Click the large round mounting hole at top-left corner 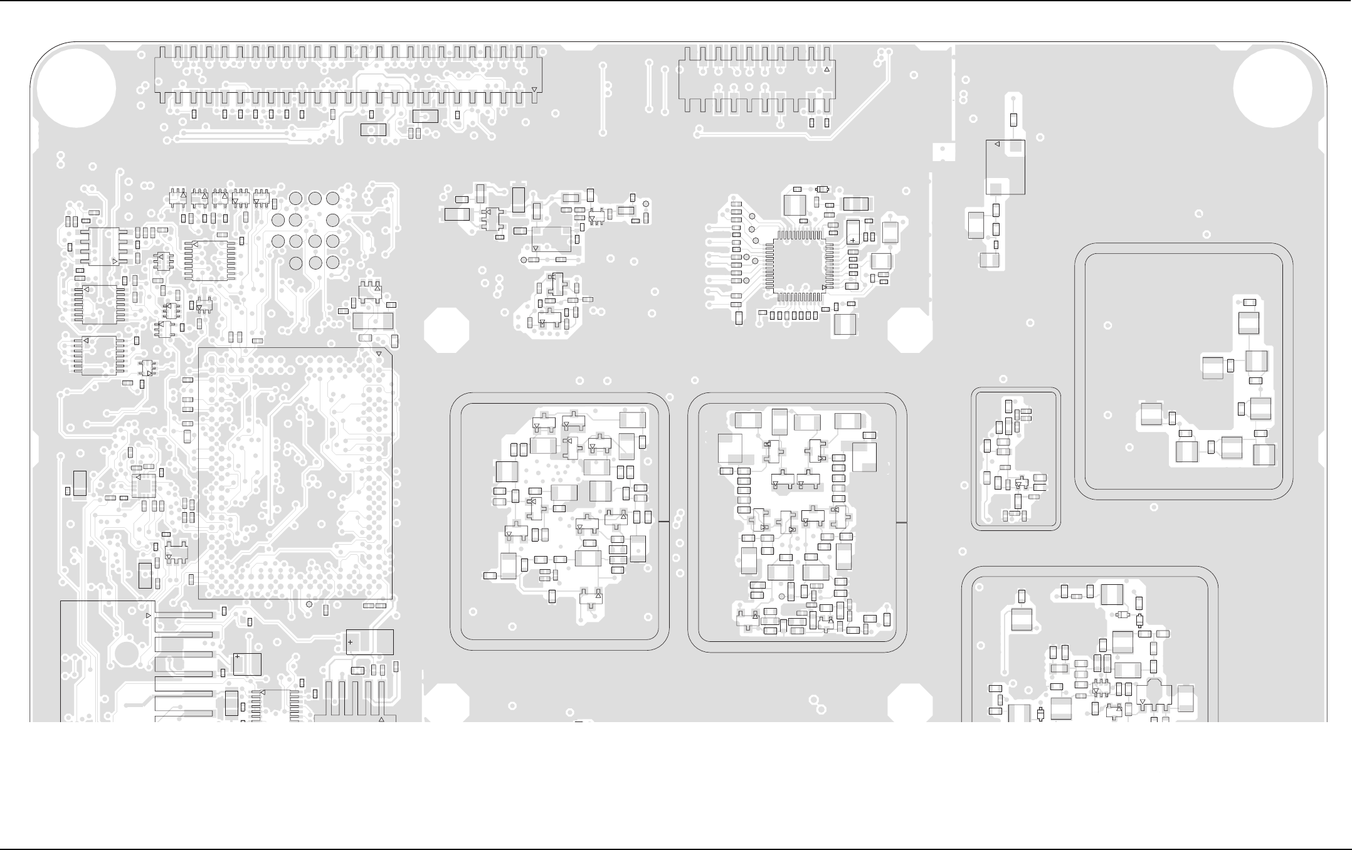coord(77,88)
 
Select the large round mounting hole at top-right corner coord(1272,88)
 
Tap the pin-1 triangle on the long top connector coord(534,90)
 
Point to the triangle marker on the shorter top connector coord(827,69)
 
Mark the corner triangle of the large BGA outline coord(379,354)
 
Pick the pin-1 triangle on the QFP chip coord(825,286)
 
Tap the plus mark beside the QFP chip coord(853,240)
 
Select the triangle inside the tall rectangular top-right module coord(997,145)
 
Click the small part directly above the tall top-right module coord(1013,120)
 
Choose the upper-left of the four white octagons coord(446,330)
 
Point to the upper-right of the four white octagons coord(910,330)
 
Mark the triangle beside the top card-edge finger coord(149,616)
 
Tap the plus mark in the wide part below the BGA coord(350,642)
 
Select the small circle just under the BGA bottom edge coord(309,604)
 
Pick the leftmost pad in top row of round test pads coord(296,199)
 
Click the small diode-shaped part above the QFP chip coord(823,189)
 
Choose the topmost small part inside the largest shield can coord(1249,303)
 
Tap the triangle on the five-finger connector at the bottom coord(381,720)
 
